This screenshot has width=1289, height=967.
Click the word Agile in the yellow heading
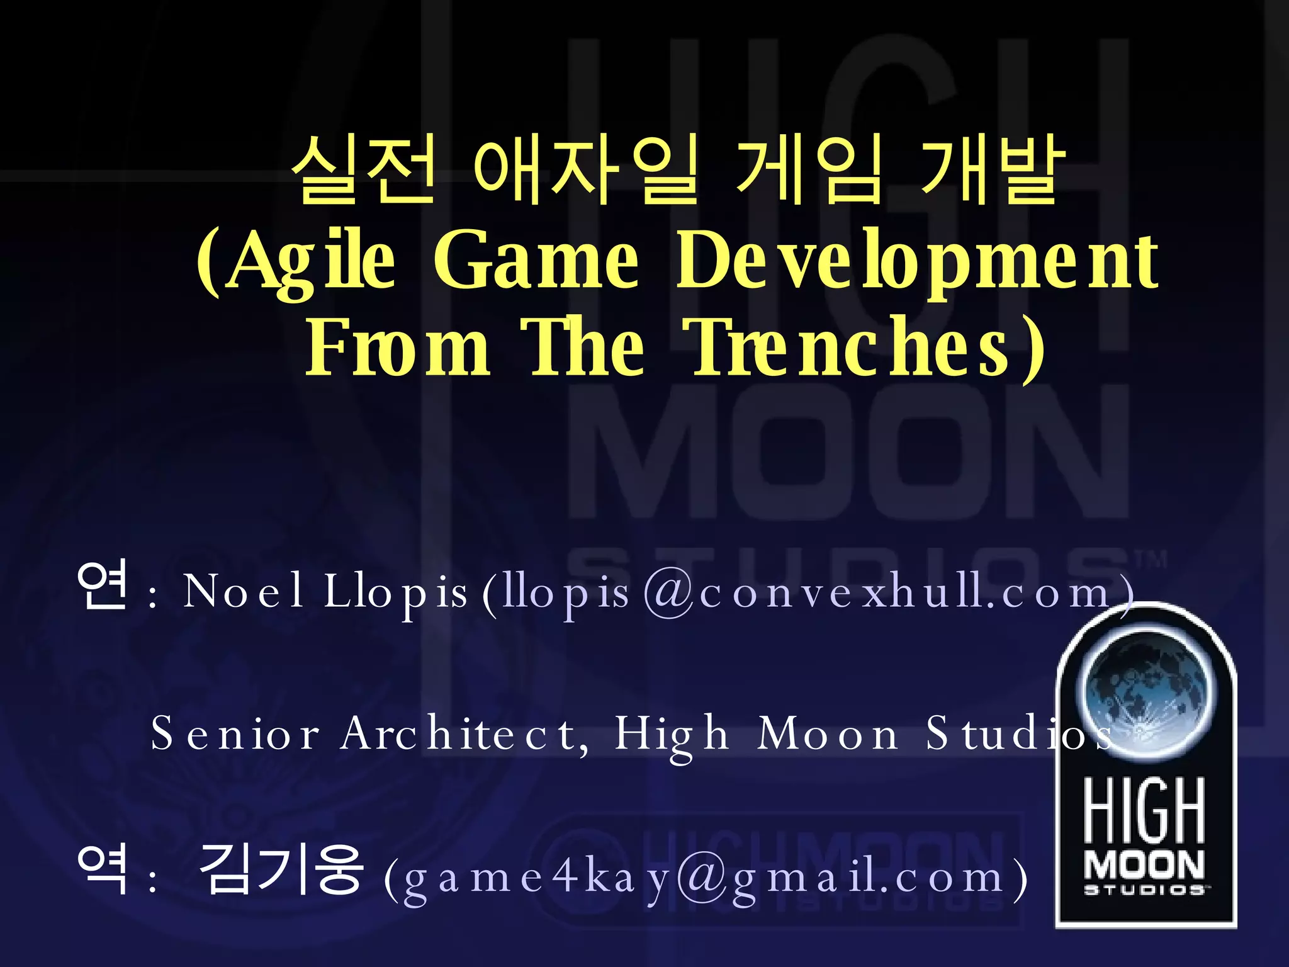[311, 261]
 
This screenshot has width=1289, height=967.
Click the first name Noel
[244, 592]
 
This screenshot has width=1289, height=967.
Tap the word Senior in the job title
[235, 734]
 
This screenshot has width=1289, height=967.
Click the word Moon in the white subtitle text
[828, 734]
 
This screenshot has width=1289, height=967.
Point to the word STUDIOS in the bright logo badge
[1145, 890]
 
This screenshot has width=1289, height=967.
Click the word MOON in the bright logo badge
[1145, 866]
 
